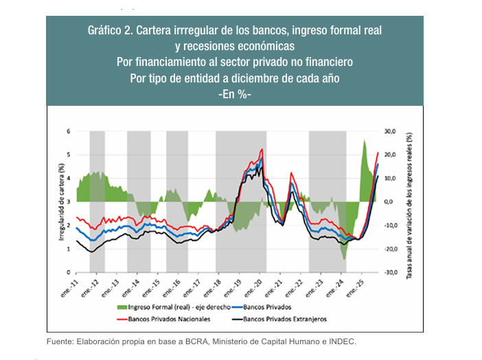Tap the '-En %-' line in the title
pos(234,93)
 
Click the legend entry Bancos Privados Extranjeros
pos(285,319)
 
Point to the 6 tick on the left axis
pos(68,131)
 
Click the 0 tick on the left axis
pos(68,273)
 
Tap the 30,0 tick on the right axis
pos(390,131)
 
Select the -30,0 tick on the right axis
pos(390,273)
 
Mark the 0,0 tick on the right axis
pos(387,202)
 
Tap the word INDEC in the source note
pos(342,341)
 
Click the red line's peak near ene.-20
pos(262,149)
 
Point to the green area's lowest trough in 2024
pos(345,259)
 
